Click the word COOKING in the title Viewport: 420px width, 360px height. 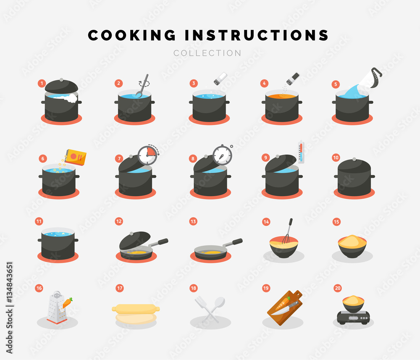(x=132, y=36)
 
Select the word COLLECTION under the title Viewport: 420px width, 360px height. (x=207, y=53)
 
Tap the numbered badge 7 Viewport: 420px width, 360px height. (x=119, y=158)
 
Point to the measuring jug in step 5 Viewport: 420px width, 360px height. (x=370, y=79)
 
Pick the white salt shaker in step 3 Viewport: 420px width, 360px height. (x=220, y=78)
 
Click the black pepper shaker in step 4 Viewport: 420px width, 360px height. (x=293, y=78)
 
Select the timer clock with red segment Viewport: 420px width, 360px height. (x=147, y=155)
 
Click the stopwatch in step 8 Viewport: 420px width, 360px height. (x=222, y=155)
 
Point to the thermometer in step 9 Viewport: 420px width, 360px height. (x=301, y=152)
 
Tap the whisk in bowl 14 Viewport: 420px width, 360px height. (x=287, y=231)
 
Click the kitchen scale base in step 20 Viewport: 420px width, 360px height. (x=354, y=317)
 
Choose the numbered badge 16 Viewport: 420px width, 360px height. (x=39, y=288)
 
